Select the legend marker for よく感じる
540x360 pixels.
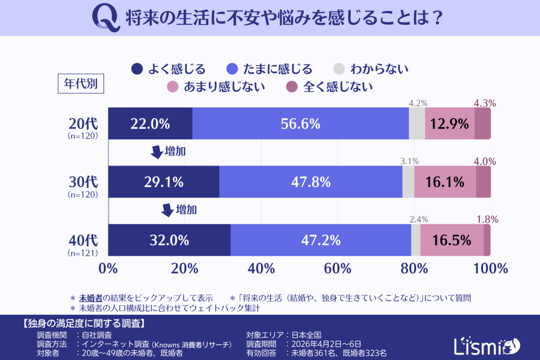[x=137, y=69]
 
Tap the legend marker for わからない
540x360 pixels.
[x=340, y=69]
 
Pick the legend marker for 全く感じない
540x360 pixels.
[x=291, y=86]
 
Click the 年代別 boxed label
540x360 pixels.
[x=81, y=83]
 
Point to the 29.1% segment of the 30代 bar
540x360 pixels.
[x=163, y=182]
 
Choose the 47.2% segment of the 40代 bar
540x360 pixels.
[x=320, y=240]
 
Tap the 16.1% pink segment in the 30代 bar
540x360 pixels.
[x=445, y=182]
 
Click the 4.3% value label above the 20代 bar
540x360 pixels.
[x=485, y=104]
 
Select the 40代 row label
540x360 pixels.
[x=83, y=240]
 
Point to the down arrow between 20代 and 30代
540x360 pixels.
[x=157, y=152]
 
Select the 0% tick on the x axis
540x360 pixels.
[x=108, y=268]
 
